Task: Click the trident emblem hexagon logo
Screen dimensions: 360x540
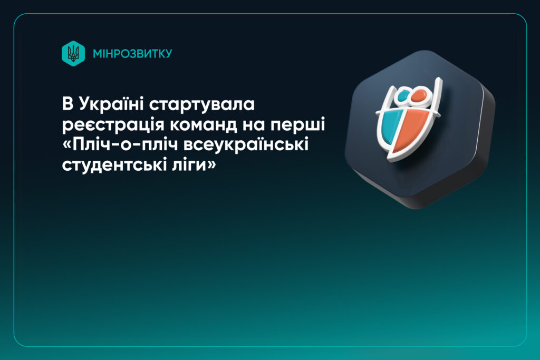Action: pyautogui.click(x=73, y=53)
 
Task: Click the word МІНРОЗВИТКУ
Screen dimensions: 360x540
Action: pyautogui.click(x=132, y=54)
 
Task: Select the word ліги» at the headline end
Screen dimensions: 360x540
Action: pyautogui.click(x=186, y=163)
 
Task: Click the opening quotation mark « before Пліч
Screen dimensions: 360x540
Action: pyautogui.click(x=66, y=143)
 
